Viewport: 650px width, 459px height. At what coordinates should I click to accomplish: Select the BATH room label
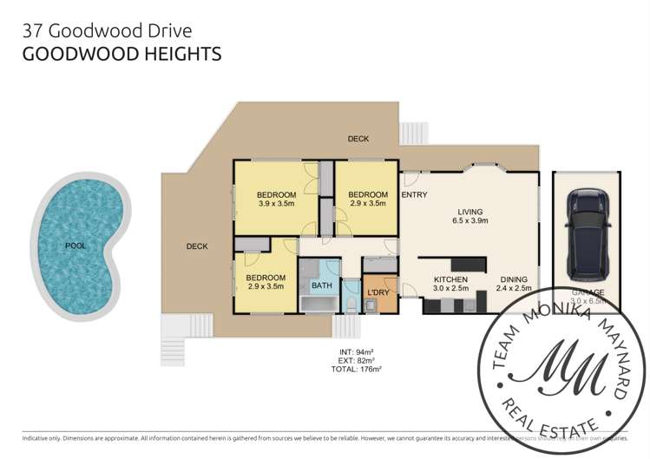(322, 285)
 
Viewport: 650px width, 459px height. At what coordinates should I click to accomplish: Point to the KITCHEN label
(450, 279)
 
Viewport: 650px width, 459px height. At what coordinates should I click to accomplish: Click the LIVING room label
(470, 211)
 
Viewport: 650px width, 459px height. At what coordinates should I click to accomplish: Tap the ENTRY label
(414, 194)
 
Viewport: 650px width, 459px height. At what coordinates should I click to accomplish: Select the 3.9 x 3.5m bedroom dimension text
(278, 204)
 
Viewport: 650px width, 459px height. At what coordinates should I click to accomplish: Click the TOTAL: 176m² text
(358, 369)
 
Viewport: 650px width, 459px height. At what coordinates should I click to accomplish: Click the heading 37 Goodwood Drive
(107, 31)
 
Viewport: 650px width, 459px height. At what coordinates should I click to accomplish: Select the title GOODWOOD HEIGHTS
(121, 55)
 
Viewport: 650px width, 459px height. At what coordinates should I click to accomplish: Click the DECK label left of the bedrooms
(197, 246)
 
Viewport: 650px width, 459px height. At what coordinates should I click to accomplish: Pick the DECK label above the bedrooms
(358, 139)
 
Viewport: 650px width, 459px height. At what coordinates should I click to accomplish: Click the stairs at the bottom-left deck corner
(174, 338)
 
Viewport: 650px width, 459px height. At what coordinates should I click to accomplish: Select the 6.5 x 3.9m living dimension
(470, 221)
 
